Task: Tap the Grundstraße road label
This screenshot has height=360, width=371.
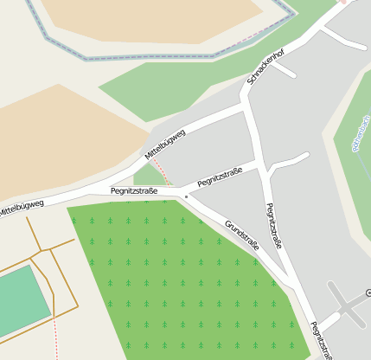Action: (242, 235)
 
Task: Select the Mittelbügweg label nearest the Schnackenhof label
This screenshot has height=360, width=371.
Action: (165, 144)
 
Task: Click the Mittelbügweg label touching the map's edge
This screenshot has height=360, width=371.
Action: (21, 207)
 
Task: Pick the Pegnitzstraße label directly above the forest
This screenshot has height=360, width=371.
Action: (133, 190)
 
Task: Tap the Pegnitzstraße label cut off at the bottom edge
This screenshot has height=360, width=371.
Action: (322, 340)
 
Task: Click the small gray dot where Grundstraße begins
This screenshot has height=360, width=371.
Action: (186, 196)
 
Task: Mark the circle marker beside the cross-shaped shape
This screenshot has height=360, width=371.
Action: (368, 293)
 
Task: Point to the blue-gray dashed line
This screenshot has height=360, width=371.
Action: (156, 57)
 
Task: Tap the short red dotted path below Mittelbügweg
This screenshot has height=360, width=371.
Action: (163, 174)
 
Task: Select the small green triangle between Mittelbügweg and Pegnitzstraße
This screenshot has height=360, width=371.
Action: (147, 176)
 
